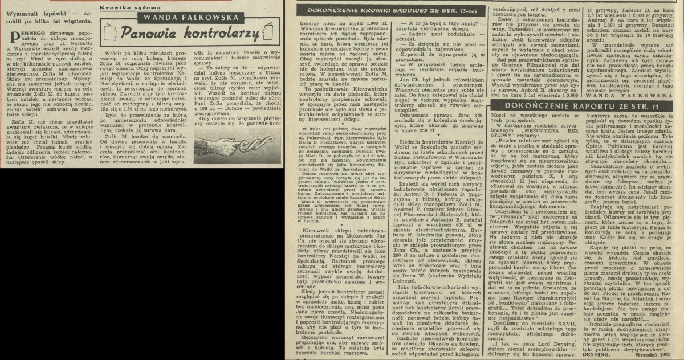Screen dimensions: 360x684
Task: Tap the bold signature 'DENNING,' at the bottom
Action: click(598, 354)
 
